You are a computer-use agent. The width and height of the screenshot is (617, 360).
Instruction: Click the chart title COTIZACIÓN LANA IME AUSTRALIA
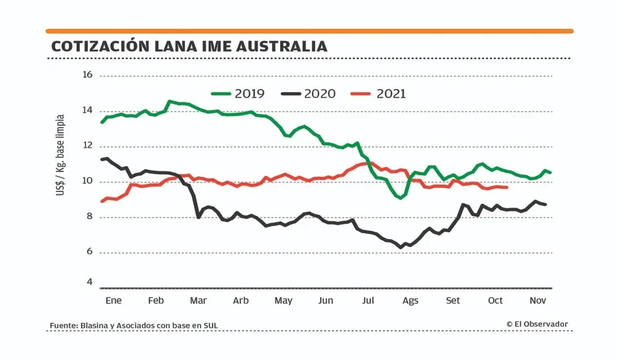pos(189,47)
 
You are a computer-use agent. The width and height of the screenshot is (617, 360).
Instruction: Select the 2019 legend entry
pos(238,94)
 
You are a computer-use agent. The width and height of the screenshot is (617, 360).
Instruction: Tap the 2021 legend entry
pos(379,94)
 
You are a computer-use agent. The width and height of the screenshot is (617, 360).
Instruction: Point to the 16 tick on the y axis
pos(87,75)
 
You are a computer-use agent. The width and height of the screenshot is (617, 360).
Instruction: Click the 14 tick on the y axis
pos(87,111)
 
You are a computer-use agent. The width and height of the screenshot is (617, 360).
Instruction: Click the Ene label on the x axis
pos(114,301)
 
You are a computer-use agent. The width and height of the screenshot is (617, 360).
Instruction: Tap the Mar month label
pos(198,301)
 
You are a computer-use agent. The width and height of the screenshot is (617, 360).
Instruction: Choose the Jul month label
pos(368,301)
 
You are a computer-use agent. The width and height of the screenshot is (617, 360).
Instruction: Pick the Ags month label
pos(410,301)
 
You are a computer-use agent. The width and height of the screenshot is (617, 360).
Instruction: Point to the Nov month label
pos(538,301)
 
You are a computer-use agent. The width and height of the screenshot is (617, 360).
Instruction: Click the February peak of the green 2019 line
pos(169,101)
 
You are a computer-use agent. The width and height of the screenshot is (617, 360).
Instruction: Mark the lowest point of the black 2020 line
pos(400,247)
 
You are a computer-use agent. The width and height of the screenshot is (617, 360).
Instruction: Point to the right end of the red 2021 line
pos(507,187)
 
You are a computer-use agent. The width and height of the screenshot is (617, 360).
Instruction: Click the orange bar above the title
pos(309,31)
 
